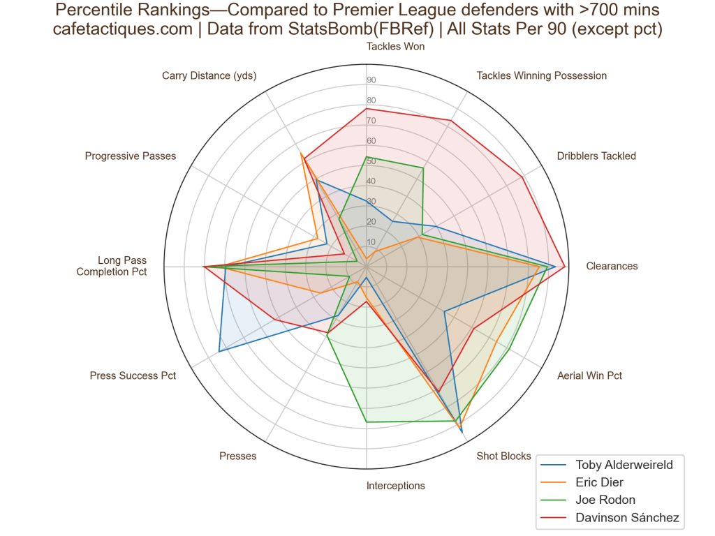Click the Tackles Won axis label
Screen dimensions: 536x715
click(395, 47)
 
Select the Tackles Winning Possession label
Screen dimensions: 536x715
click(541, 75)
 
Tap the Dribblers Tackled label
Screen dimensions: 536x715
click(596, 156)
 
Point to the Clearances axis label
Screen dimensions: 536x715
click(612, 266)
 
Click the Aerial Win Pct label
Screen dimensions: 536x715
click(589, 375)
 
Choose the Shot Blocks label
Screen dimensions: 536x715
click(503, 456)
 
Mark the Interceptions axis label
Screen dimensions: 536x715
click(395, 486)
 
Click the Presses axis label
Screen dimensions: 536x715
click(237, 456)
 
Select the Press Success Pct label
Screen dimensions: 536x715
click(133, 375)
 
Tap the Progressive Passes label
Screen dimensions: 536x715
click(131, 156)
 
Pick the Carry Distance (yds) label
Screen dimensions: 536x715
click(209, 75)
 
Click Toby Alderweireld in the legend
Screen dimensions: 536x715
click(624, 465)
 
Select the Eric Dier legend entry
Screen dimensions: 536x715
click(600, 482)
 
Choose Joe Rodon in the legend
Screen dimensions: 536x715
click(605, 500)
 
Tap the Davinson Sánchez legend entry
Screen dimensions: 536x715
click(627, 517)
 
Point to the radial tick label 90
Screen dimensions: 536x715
click(371, 80)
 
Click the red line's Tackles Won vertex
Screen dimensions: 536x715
click(367, 109)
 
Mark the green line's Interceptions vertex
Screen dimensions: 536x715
click(367, 422)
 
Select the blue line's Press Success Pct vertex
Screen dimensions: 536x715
click(219, 351)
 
